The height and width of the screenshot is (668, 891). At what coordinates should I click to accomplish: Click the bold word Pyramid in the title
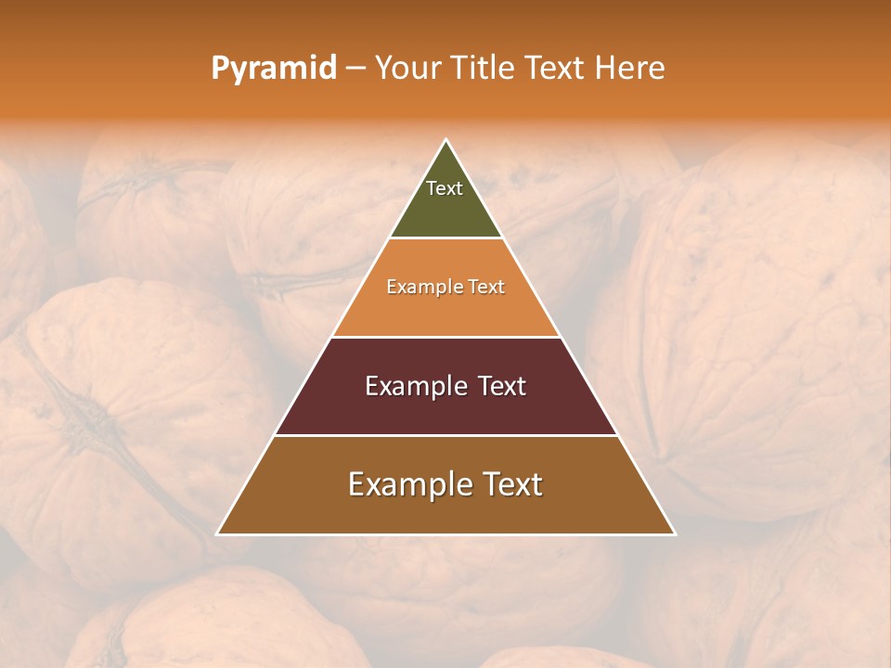(273, 69)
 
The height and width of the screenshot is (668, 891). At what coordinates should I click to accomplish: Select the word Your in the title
(407, 69)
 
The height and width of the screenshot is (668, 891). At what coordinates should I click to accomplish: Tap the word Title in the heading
(481, 69)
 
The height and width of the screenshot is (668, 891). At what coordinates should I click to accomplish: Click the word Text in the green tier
(445, 188)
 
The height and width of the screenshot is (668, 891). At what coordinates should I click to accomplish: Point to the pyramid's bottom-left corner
(217, 534)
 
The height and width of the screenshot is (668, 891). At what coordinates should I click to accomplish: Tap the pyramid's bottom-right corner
(676, 534)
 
